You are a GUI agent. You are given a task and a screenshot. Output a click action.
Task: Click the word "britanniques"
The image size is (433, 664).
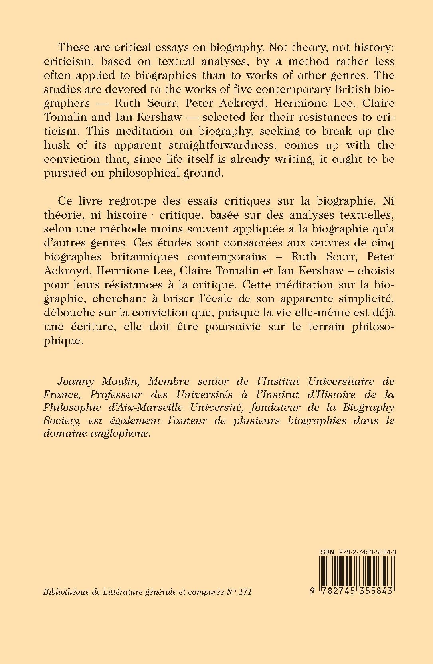point(136,256)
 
